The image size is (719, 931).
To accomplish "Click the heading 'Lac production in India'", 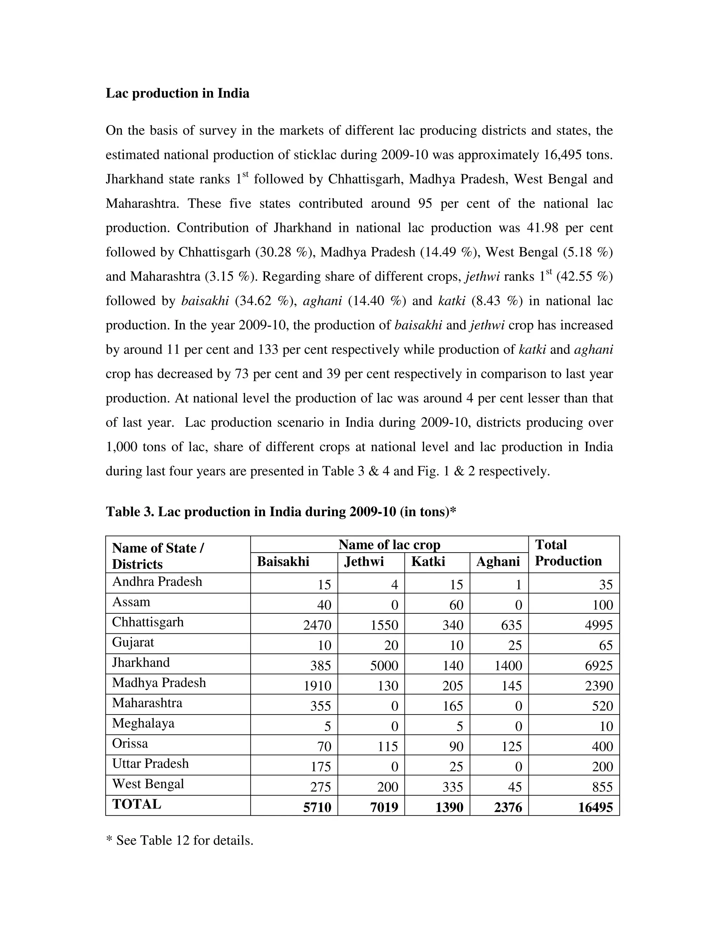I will click(x=177, y=93).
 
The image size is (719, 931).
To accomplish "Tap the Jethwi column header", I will click(x=364, y=561).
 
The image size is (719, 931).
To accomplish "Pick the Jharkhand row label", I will click(x=141, y=663).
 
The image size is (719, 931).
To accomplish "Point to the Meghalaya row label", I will click(x=143, y=723).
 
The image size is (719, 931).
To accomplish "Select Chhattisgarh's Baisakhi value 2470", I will click(x=317, y=625).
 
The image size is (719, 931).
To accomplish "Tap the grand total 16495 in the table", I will click(x=595, y=807).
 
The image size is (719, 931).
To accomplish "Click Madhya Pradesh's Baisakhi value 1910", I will click(x=317, y=686).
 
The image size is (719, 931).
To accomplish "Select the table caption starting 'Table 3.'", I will click(x=281, y=512).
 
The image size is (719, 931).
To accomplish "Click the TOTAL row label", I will click(x=136, y=805).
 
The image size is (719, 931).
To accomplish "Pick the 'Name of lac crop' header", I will click(x=389, y=545).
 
